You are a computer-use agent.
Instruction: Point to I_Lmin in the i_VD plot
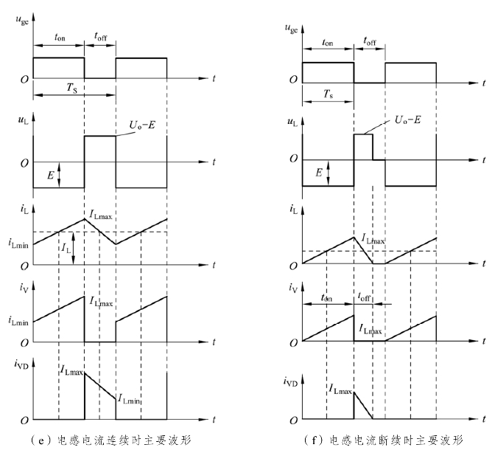pyautogui.click(x=130, y=400)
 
